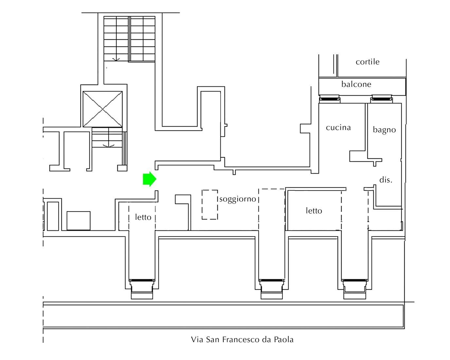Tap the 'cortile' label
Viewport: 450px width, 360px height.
368,62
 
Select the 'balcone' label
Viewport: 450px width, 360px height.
356,84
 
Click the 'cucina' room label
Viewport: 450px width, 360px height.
338,128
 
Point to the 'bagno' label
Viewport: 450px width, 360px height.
384,130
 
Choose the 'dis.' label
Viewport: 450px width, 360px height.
386,180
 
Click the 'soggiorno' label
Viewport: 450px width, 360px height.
238,199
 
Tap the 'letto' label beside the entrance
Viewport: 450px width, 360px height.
143,217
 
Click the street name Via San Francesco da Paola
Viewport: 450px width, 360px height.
242,340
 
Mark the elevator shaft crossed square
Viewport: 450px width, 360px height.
103,109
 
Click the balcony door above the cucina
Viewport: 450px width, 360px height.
330,98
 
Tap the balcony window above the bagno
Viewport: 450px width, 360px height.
381,98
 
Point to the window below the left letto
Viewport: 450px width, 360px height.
142,280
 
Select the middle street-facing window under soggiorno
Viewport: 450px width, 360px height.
271,280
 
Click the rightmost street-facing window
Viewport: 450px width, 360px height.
355,280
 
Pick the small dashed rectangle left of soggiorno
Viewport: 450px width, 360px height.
210,205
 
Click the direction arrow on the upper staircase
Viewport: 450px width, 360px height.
115,59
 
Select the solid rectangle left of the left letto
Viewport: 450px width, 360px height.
79,221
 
